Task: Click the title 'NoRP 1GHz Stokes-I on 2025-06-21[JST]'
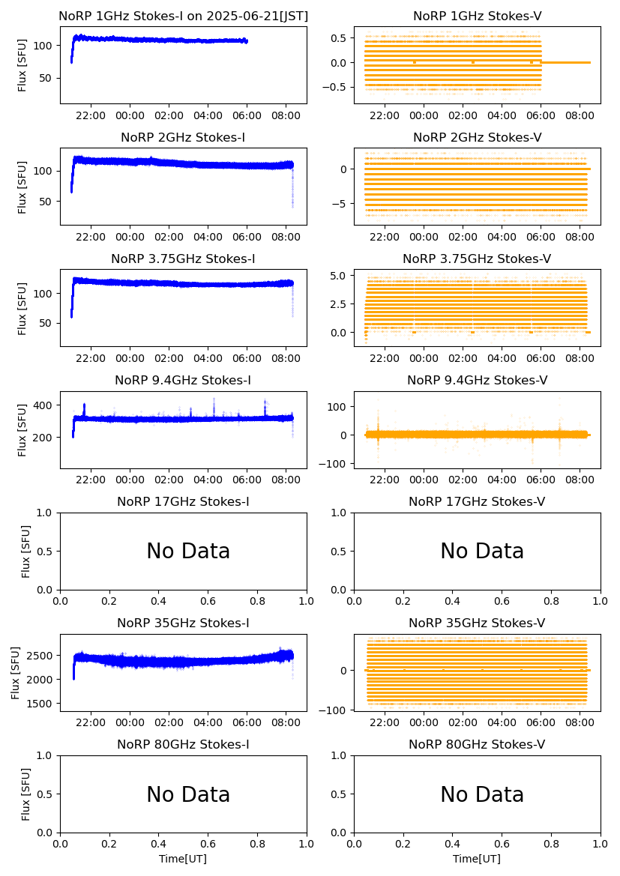click(x=183, y=16)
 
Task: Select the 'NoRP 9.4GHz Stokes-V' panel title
click(x=477, y=381)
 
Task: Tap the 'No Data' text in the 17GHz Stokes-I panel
click(x=188, y=552)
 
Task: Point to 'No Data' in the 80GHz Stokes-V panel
click(x=482, y=795)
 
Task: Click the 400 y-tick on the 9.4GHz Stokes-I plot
click(x=46, y=405)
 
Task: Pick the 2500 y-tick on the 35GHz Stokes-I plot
click(x=40, y=656)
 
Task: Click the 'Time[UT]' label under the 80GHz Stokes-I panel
click(x=183, y=859)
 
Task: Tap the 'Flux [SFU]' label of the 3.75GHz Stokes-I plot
click(x=22, y=308)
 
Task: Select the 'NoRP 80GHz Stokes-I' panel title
click(x=183, y=745)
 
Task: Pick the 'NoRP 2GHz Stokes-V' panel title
click(x=477, y=138)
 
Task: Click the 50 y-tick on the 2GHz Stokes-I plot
click(x=46, y=202)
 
